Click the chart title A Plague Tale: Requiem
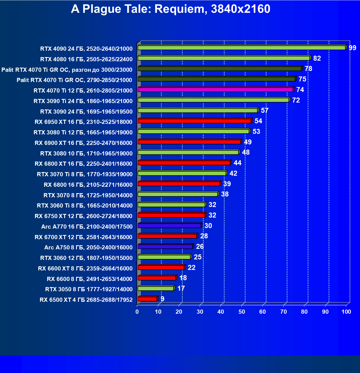coord(171,9)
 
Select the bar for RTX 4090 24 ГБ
coord(241,48)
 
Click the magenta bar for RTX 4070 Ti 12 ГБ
coord(215,90)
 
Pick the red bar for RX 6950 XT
coord(194,121)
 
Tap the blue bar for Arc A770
coord(169,226)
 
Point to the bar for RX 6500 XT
coord(147,299)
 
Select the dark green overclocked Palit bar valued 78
coord(220,68)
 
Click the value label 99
coord(353,48)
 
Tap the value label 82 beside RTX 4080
coord(317,58)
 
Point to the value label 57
coord(265,111)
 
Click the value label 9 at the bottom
coord(163,299)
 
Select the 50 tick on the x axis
coord(242,312)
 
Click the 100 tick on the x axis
coord(346,312)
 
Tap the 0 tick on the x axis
coord(137,312)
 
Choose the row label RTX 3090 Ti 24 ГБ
coord(83,101)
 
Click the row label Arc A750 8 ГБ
coord(88,247)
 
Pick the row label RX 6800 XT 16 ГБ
coord(84,164)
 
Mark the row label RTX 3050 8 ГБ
coord(89,289)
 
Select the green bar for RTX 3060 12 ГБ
coord(164,257)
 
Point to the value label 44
coord(238,163)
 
